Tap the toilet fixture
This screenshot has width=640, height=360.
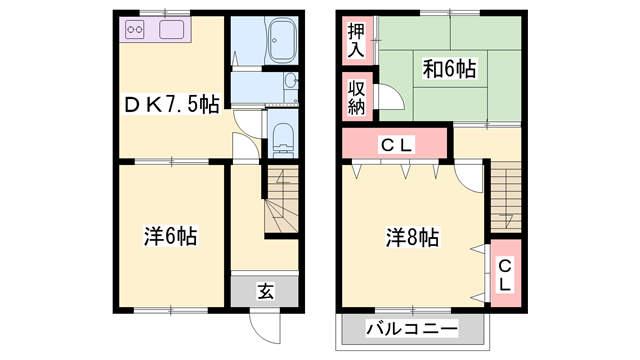[x=281, y=138]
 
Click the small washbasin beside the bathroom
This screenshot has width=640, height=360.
[x=289, y=83]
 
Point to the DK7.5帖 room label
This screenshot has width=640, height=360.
[x=171, y=102]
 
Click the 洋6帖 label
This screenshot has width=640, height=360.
[x=169, y=237]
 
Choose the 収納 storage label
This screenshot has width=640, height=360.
[x=355, y=98]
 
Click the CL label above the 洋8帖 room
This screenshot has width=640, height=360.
[x=397, y=146]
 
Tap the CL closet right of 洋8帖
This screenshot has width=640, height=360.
[x=505, y=274]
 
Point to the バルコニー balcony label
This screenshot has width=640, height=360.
[x=411, y=328]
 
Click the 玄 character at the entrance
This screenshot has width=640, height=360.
[x=265, y=291]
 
